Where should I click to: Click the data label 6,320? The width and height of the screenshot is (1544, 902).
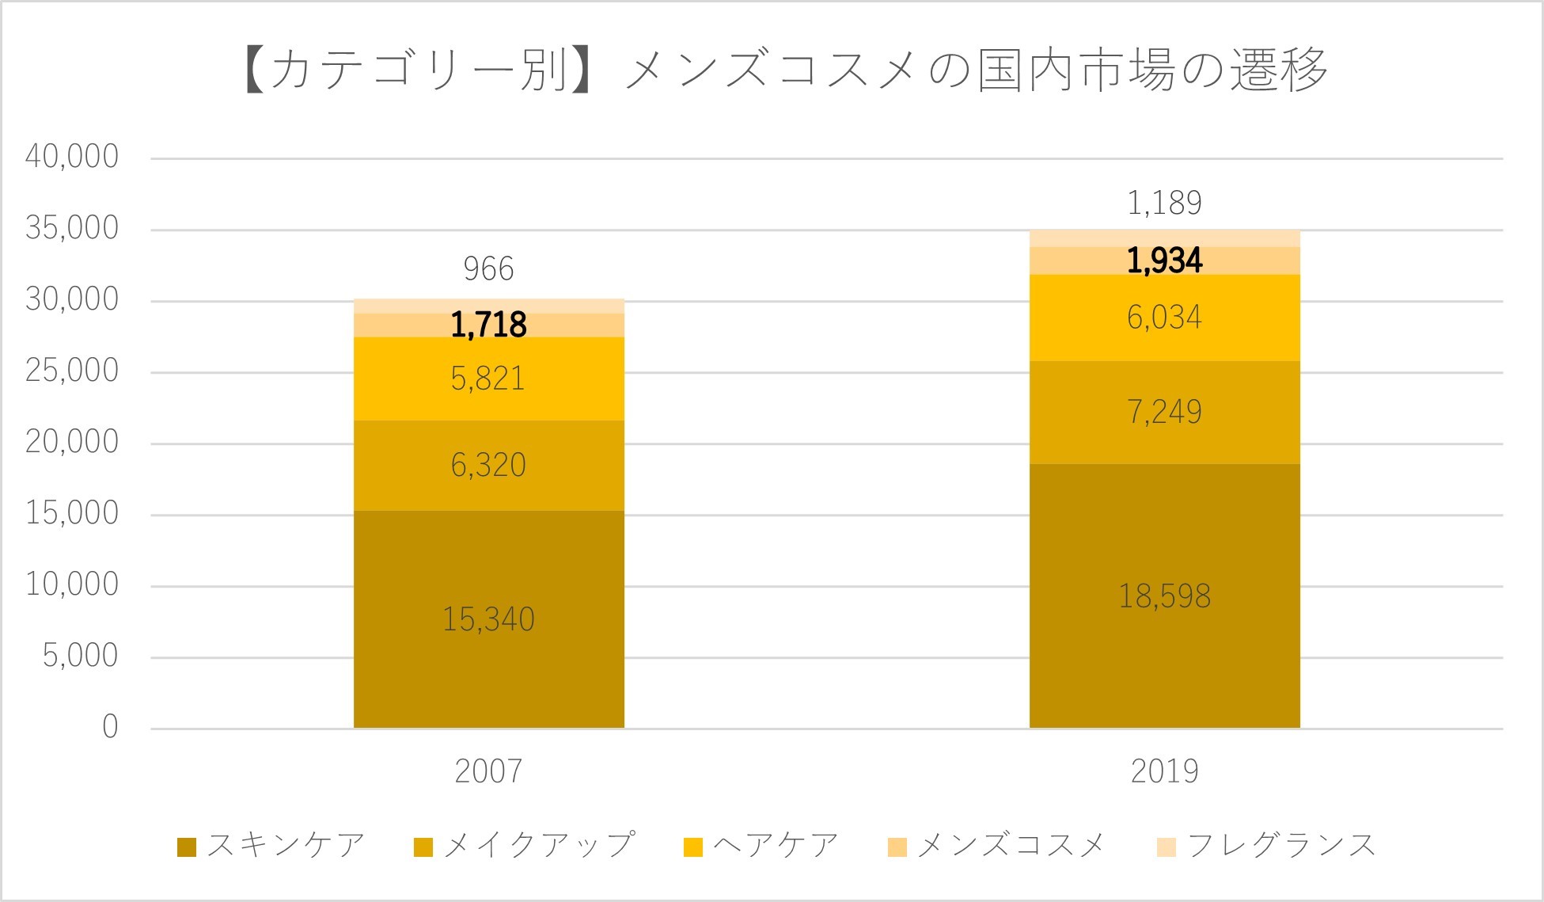click(488, 465)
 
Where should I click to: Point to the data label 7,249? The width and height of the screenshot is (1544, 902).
click(1164, 412)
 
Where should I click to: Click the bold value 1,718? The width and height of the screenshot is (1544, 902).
click(488, 325)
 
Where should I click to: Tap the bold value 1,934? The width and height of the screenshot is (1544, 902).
click(1164, 261)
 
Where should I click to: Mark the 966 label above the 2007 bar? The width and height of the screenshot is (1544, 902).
click(488, 269)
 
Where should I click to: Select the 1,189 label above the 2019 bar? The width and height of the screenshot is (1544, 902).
click(1164, 204)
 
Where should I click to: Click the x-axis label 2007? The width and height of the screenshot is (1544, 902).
click(488, 771)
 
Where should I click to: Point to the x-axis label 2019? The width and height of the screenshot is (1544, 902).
click(1164, 771)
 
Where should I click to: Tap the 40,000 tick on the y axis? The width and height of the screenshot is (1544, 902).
click(72, 157)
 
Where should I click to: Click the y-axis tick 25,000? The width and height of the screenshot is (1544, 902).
click(72, 371)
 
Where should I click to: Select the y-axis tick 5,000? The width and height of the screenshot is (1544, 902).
click(80, 656)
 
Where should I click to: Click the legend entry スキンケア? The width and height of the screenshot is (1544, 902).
click(285, 845)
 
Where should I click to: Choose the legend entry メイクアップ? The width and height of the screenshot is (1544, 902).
click(538, 845)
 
